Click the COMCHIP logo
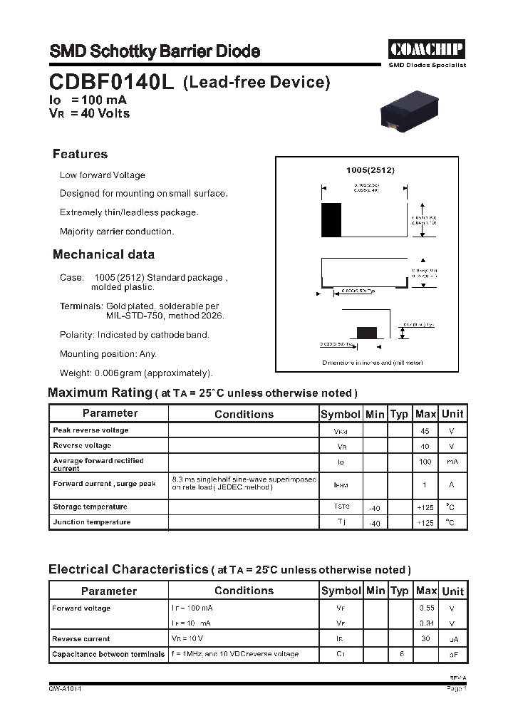click(x=426, y=48)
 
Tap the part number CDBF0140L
click(x=112, y=83)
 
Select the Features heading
click(x=80, y=155)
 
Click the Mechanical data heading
click(x=103, y=254)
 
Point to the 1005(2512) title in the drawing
click(x=370, y=170)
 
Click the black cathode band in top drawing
click(x=331, y=219)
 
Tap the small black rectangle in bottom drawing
click(x=366, y=332)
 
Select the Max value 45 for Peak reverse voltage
click(x=425, y=431)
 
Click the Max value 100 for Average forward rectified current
click(x=425, y=462)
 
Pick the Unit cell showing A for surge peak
click(x=452, y=484)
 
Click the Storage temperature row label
click(x=90, y=507)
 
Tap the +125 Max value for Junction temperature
click(x=425, y=522)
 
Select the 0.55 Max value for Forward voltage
click(x=425, y=608)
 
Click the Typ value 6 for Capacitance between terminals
click(x=401, y=654)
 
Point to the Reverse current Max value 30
click(x=425, y=639)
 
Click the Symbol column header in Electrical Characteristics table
click(x=341, y=591)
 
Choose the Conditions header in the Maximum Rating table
click(x=244, y=414)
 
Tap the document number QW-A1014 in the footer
click(x=65, y=689)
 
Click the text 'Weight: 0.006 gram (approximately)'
click(x=136, y=373)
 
